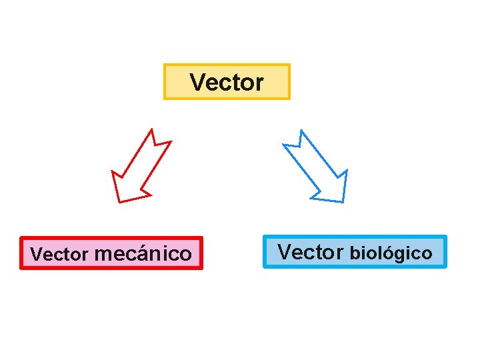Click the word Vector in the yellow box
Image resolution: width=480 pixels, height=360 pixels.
click(227, 83)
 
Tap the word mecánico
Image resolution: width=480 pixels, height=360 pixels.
click(143, 254)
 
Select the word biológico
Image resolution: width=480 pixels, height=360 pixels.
click(391, 253)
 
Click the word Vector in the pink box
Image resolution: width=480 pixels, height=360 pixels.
click(60, 255)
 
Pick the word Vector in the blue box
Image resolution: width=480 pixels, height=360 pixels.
click(310, 252)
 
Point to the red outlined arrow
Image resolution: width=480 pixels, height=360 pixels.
click(140, 167)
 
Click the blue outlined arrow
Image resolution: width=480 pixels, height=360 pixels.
click(317, 167)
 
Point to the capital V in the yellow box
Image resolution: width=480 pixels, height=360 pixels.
click(197, 83)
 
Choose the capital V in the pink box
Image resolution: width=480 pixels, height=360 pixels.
click(36, 255)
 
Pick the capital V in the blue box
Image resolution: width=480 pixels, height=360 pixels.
click(284, 252)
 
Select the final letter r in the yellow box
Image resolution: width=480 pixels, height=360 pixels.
click(259, 84)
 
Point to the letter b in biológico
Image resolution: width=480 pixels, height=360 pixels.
click(355, 253)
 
